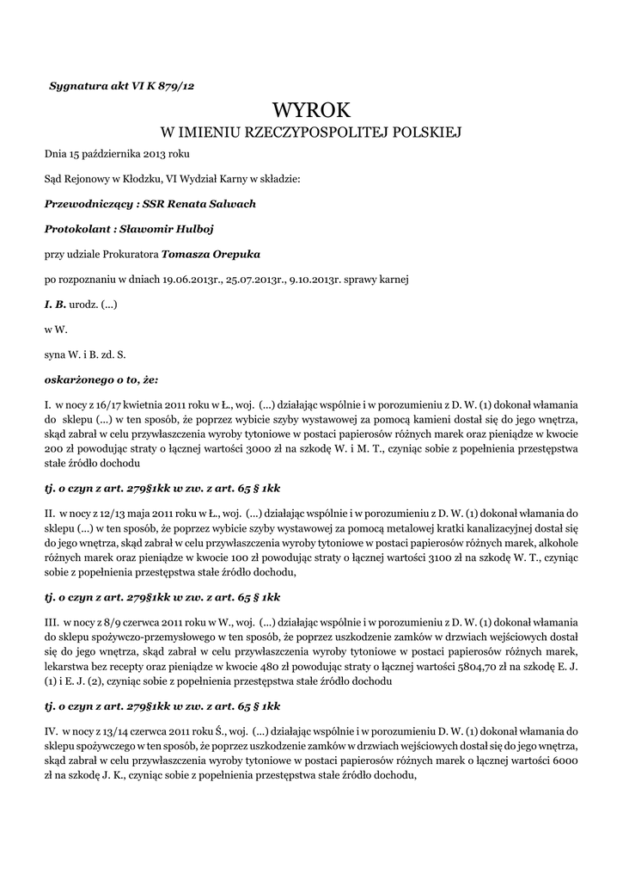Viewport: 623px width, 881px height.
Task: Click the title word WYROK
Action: coord(311,110)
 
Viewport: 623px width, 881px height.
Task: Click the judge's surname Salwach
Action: coord(231,204)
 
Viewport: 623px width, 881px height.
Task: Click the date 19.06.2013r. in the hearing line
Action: coord(193,279)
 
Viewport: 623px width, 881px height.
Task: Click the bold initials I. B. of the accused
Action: coord(55,304)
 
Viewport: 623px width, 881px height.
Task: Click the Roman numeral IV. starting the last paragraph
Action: coord(52,730)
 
